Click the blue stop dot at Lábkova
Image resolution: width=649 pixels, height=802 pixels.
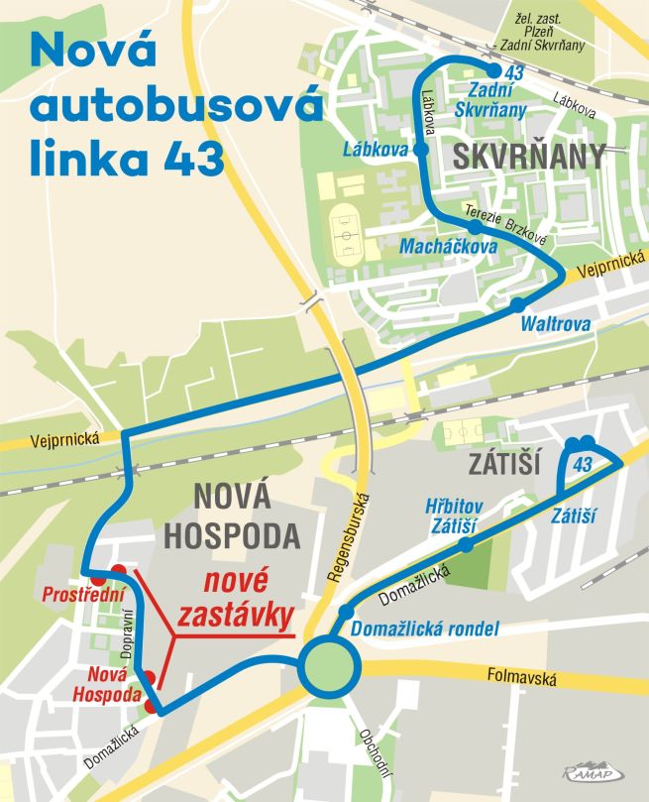click(421, 150)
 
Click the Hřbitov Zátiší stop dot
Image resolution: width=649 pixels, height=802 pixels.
click(467, 545)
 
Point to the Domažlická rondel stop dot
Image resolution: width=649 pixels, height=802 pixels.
click(346, 610)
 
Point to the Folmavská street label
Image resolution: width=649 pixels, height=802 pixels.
click(523, 679)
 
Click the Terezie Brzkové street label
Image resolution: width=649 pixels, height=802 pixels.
click(504, 212)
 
